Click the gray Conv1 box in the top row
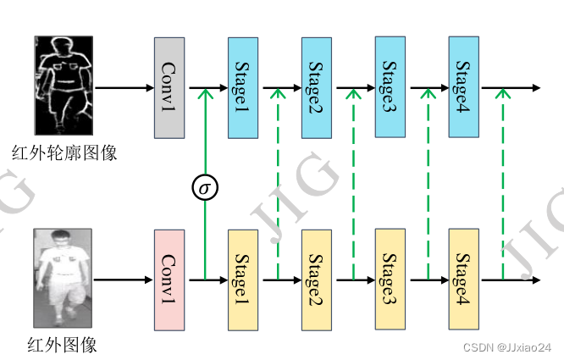(x=169, y=87)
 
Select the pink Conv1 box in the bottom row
(x=169, y=279)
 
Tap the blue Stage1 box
(x=243, y=87)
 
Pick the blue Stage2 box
(x=317, y=87)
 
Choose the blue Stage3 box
(x=390, y=87)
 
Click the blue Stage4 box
(x=464, y=87)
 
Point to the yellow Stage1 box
(x=243, y=279)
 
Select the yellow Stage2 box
(x=317, y=279)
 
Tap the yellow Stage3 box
(x=390, y=279)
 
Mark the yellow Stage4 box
(x=464, y=279)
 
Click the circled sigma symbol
(x=203, y=186)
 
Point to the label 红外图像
(x=63, y=344)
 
